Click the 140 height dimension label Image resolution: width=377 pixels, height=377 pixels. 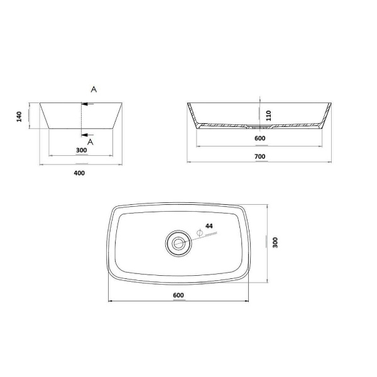[x=19, y=117]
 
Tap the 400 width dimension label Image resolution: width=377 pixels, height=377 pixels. [x=79, y=173]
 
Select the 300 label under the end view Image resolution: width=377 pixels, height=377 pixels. [x=81, y=150]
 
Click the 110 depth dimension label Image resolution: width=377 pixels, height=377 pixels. [x=268, y=116]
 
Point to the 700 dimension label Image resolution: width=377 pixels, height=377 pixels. [x=260, y=156]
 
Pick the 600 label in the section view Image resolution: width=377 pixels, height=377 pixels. [x=260, y=138]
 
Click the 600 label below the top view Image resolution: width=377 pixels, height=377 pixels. [x=178, y=295]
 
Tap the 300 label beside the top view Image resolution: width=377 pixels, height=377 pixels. [x=275, y=243]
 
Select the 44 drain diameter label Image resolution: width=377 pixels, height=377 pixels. [x=209, y=226]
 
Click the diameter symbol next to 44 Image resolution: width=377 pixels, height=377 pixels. [x=200, y=232]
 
